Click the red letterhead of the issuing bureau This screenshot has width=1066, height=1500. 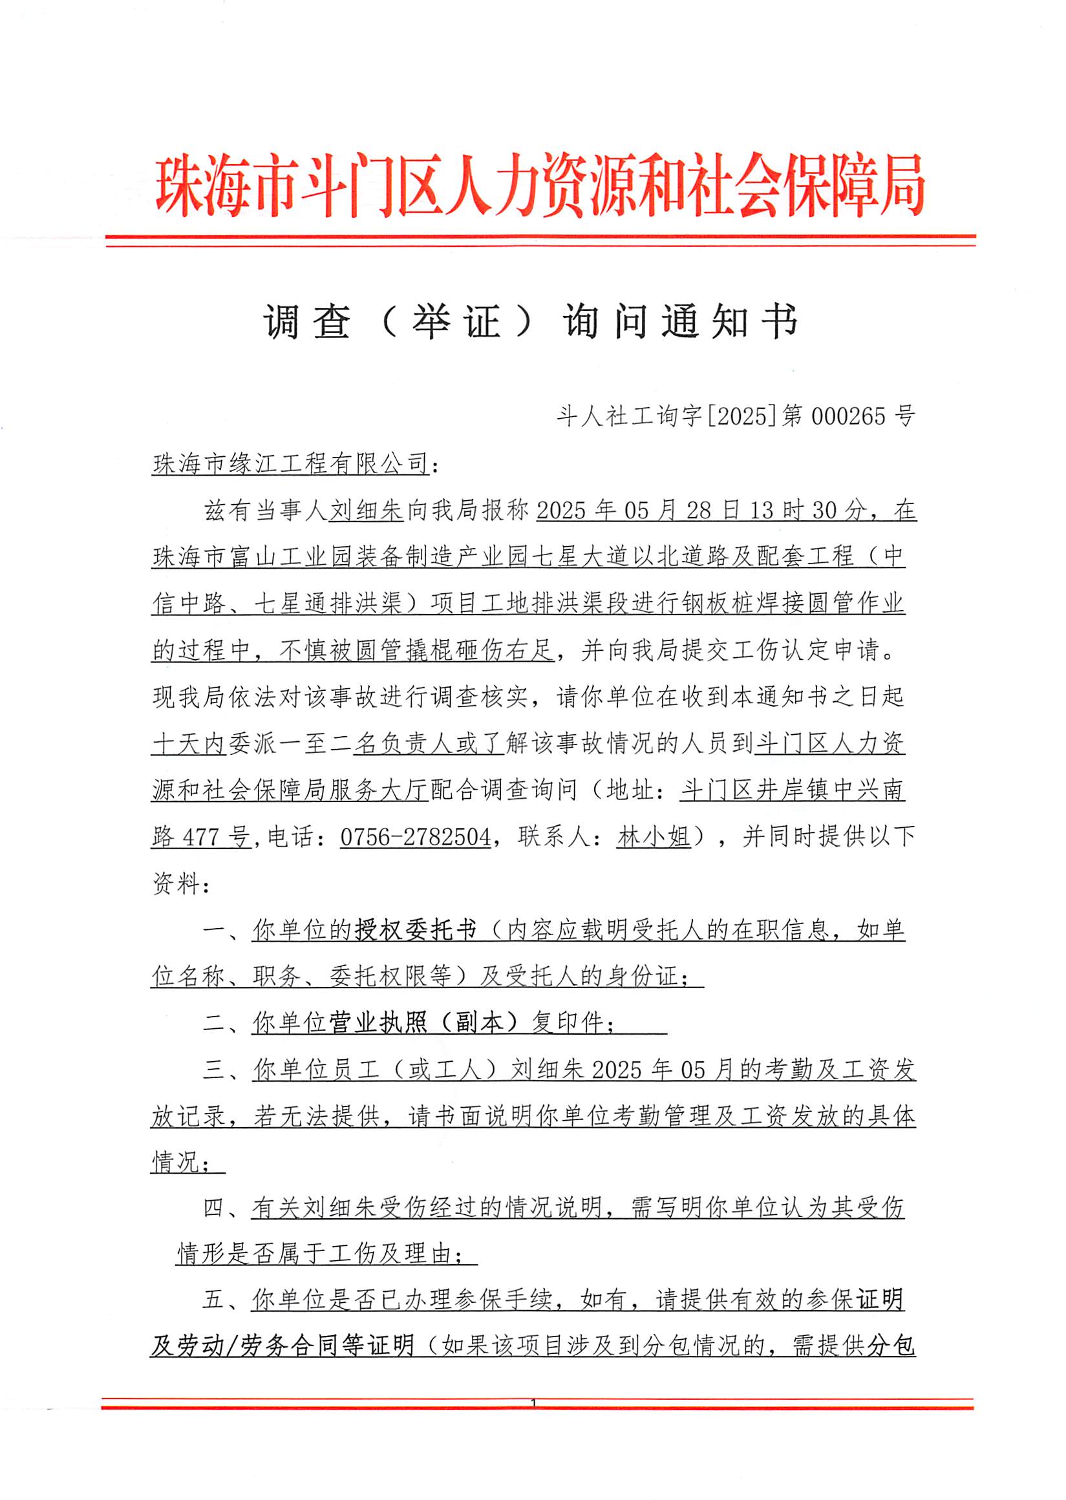click(540, 186)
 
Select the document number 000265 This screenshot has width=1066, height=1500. click(848, 417)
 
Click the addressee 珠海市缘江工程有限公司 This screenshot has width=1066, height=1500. click(291, 464)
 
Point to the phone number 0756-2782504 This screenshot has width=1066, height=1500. click(416, 837)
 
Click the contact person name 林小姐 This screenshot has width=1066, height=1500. click(654, 837)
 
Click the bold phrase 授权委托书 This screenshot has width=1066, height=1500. click(416, 931)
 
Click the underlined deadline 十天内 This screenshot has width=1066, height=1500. click(189, 744)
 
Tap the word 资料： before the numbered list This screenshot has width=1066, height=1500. click(181, 884)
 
